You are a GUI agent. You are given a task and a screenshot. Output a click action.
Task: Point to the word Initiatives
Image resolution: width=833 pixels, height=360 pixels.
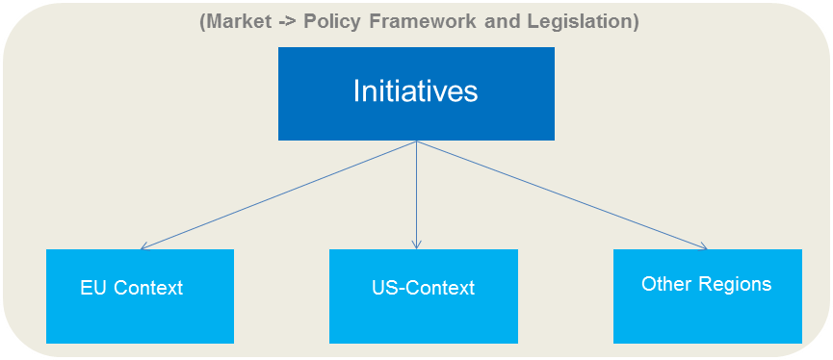415,91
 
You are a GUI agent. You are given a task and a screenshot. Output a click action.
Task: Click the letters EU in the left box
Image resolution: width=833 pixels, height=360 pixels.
93,288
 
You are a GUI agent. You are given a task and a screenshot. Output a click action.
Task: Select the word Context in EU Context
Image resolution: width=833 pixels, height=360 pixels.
148,288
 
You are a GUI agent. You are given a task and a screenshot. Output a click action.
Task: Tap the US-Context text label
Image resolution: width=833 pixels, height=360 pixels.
423,288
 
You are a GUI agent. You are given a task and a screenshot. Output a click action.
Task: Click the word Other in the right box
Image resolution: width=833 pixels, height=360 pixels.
662,284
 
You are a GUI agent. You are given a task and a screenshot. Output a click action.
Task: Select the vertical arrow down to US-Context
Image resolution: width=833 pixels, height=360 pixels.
416,193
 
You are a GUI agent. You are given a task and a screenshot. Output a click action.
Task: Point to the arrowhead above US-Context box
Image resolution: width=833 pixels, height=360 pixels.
416,244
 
